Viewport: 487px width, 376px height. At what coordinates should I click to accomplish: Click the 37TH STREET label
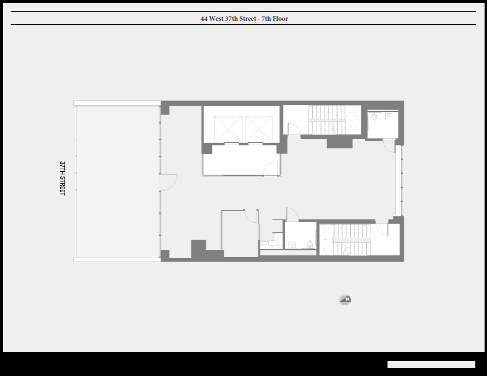(x=63, y=178)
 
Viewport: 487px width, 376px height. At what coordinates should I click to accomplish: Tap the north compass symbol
(x=345, y=300)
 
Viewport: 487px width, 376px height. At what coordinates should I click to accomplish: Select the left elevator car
(x=228, y=130)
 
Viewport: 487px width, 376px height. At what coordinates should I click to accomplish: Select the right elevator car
(x=259, y=130)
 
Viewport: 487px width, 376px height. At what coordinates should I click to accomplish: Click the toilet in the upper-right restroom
(x=374, y=116)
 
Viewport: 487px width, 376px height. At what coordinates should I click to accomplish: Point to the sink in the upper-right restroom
(x=390, y=115)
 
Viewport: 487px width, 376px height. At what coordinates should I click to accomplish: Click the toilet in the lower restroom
(x=309, y=244)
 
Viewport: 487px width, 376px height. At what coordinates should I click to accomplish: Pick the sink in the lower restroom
(x=292, y=245)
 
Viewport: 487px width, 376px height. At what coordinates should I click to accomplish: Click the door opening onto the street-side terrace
(x=168, y=183)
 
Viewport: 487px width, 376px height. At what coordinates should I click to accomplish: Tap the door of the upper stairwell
(x=294, y=130)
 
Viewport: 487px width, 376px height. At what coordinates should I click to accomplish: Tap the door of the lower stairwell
(x=382, y=229)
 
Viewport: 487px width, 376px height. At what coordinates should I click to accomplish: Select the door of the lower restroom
(x=292, y=214)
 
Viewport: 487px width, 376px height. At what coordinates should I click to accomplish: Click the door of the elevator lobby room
(x=271, y=168)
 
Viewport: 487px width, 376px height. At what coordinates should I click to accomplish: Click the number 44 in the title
(x=204, y=18)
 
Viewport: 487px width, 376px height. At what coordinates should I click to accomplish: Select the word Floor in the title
(x=280, y=18)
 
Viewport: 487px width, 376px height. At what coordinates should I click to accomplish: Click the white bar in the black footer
(x=431, y=364)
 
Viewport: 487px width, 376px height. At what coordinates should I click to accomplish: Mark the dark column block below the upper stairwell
(x=340, y=143)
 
